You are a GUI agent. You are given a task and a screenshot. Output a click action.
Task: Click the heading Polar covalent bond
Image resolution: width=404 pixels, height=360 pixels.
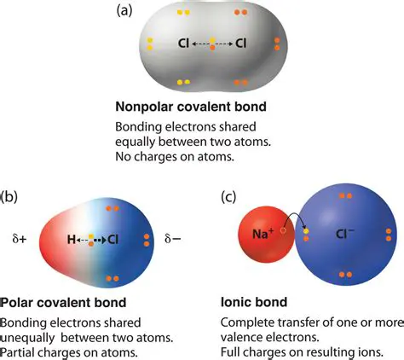click(x=63, y=302)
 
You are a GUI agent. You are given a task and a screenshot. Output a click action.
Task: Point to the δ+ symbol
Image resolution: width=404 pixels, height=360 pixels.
click(x=17, y=240)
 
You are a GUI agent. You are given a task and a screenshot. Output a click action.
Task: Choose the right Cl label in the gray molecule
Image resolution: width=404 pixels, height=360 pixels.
click(x=240, y=42)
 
